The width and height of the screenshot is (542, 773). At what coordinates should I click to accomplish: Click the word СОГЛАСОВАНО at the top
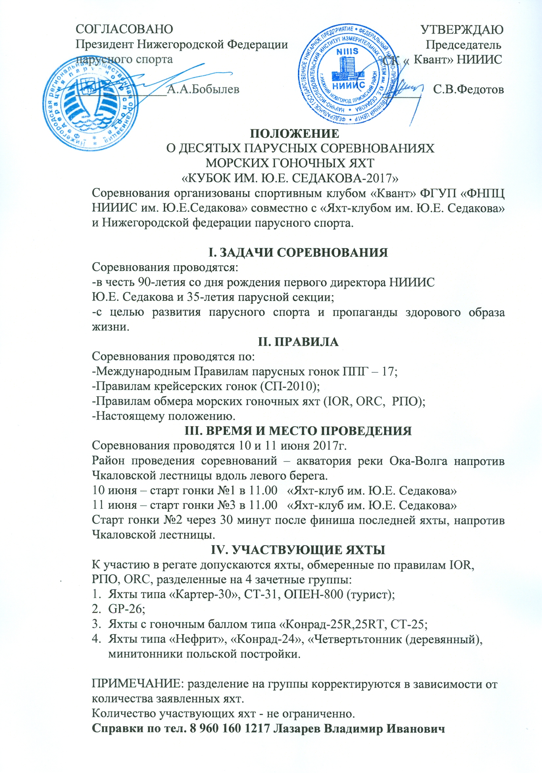click(124, 30)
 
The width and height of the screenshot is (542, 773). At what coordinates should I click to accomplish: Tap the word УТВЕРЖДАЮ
click(462, 30)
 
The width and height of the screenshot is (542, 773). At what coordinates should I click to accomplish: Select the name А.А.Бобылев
click(203, 89)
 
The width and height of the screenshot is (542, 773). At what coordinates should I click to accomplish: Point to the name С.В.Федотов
click(468, 89)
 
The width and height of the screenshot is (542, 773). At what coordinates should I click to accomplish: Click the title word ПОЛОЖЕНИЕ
click(294, 134)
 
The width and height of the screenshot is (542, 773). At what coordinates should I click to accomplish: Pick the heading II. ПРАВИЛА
click(298, 342)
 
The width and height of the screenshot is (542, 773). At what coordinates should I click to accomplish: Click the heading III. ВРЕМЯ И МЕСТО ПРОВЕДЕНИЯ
click(298, 431)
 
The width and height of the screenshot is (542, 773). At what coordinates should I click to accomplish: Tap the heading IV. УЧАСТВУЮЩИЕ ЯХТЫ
click(298, 550)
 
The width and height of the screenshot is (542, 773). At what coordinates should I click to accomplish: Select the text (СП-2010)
click(290, 386)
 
